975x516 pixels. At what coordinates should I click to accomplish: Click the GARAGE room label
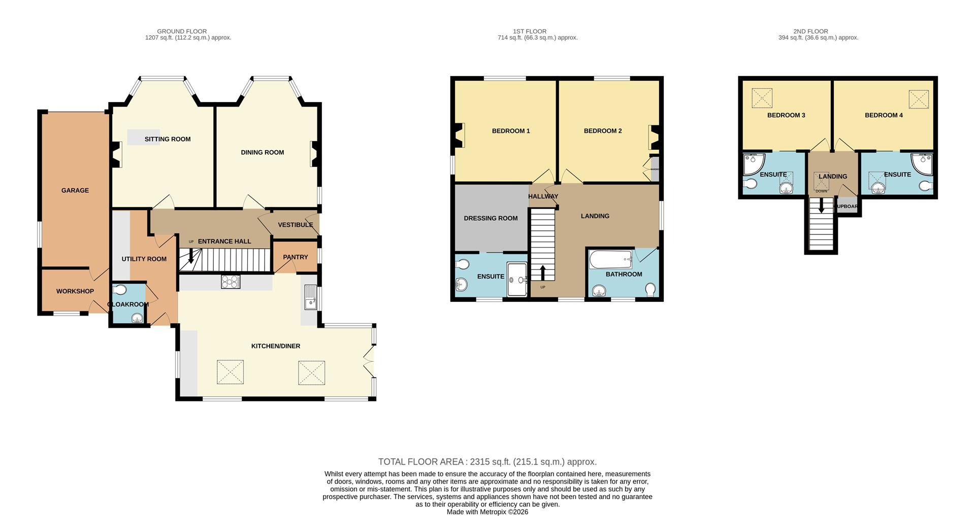pyautogui.click(x=75, y=190)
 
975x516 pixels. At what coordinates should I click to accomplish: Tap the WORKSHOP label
pyautogui.click(x=75, y=291)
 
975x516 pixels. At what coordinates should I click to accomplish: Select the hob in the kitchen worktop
pyautogui.click(x=231, y=282)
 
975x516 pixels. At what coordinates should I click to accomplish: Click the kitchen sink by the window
pyautogui.click(x=310, y=297)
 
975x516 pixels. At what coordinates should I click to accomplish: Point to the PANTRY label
pyautogui.click(x=296, y=257)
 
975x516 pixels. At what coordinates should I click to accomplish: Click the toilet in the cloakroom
pyautogui.click(x=120, y=290)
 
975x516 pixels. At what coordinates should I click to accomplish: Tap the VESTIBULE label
pyautogui.click(x=295, y=225)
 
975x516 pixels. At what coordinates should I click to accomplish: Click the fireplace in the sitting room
pyautogui.click(x=116, y=154)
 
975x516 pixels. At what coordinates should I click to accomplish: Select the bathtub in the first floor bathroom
pyautogui.click(x=610, y=260)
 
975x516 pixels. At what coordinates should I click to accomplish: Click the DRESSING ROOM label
pyautogui.click(x=491, y=218)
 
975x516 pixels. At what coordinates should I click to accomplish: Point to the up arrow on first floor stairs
pyautogui.click(x=542, y=272)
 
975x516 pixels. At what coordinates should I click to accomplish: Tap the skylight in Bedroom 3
pyautogui.click(x=762, y=98)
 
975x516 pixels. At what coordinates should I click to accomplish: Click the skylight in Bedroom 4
pyautogui.click(x=918, y=99)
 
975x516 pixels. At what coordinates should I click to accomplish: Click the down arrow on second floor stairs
pyautogui.click(x=821, y=205)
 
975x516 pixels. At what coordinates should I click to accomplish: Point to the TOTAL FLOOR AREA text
pyautogui.click(x=487, y=462)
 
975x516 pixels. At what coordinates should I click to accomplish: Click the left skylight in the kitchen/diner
pyautogui.click(x=230, y=372)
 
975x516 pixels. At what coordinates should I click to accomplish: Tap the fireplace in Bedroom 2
pyautogui.click(x=653, y=137)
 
